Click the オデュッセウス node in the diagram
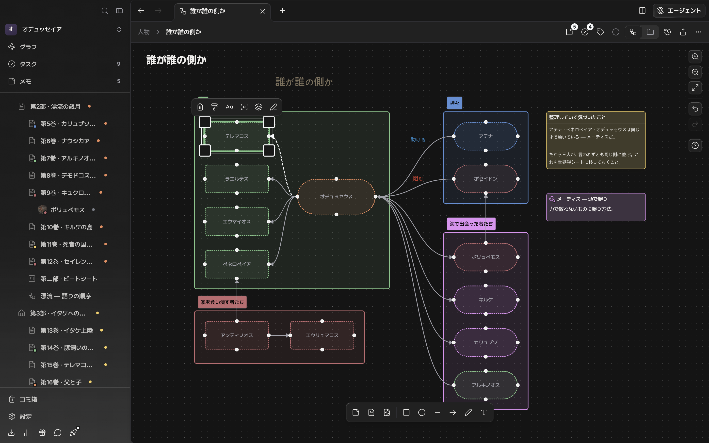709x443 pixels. click(x=336, y=197)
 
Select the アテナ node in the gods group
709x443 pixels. click(x=485, y=136)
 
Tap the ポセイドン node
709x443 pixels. click(x=485, y=179)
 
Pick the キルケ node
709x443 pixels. click(x=485, y=300)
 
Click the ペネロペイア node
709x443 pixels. click(x=237, y=264)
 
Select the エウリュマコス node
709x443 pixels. click(x=322, y=335)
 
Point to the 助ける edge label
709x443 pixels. click(x=418, y=140)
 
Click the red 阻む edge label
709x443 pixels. click(x=418, y=178)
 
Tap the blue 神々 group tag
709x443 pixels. click(x=454, y=103)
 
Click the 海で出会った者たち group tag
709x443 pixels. click(x=471, y=224)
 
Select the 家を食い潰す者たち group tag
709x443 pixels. click(x=222, y=302)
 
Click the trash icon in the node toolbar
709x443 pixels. click(x=200, y=107)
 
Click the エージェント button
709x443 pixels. click(x=679, y=11)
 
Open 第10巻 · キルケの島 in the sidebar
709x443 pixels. click(x=66, y=227)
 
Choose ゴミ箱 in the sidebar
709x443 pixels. click(x=28, y=399)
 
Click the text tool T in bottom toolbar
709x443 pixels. click(x=484, y=412)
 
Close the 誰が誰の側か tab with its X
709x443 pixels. click(x=262, y=11)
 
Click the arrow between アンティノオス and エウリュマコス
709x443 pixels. click(x=279, y=335)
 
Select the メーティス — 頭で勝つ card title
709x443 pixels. click(x=582, y=199)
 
